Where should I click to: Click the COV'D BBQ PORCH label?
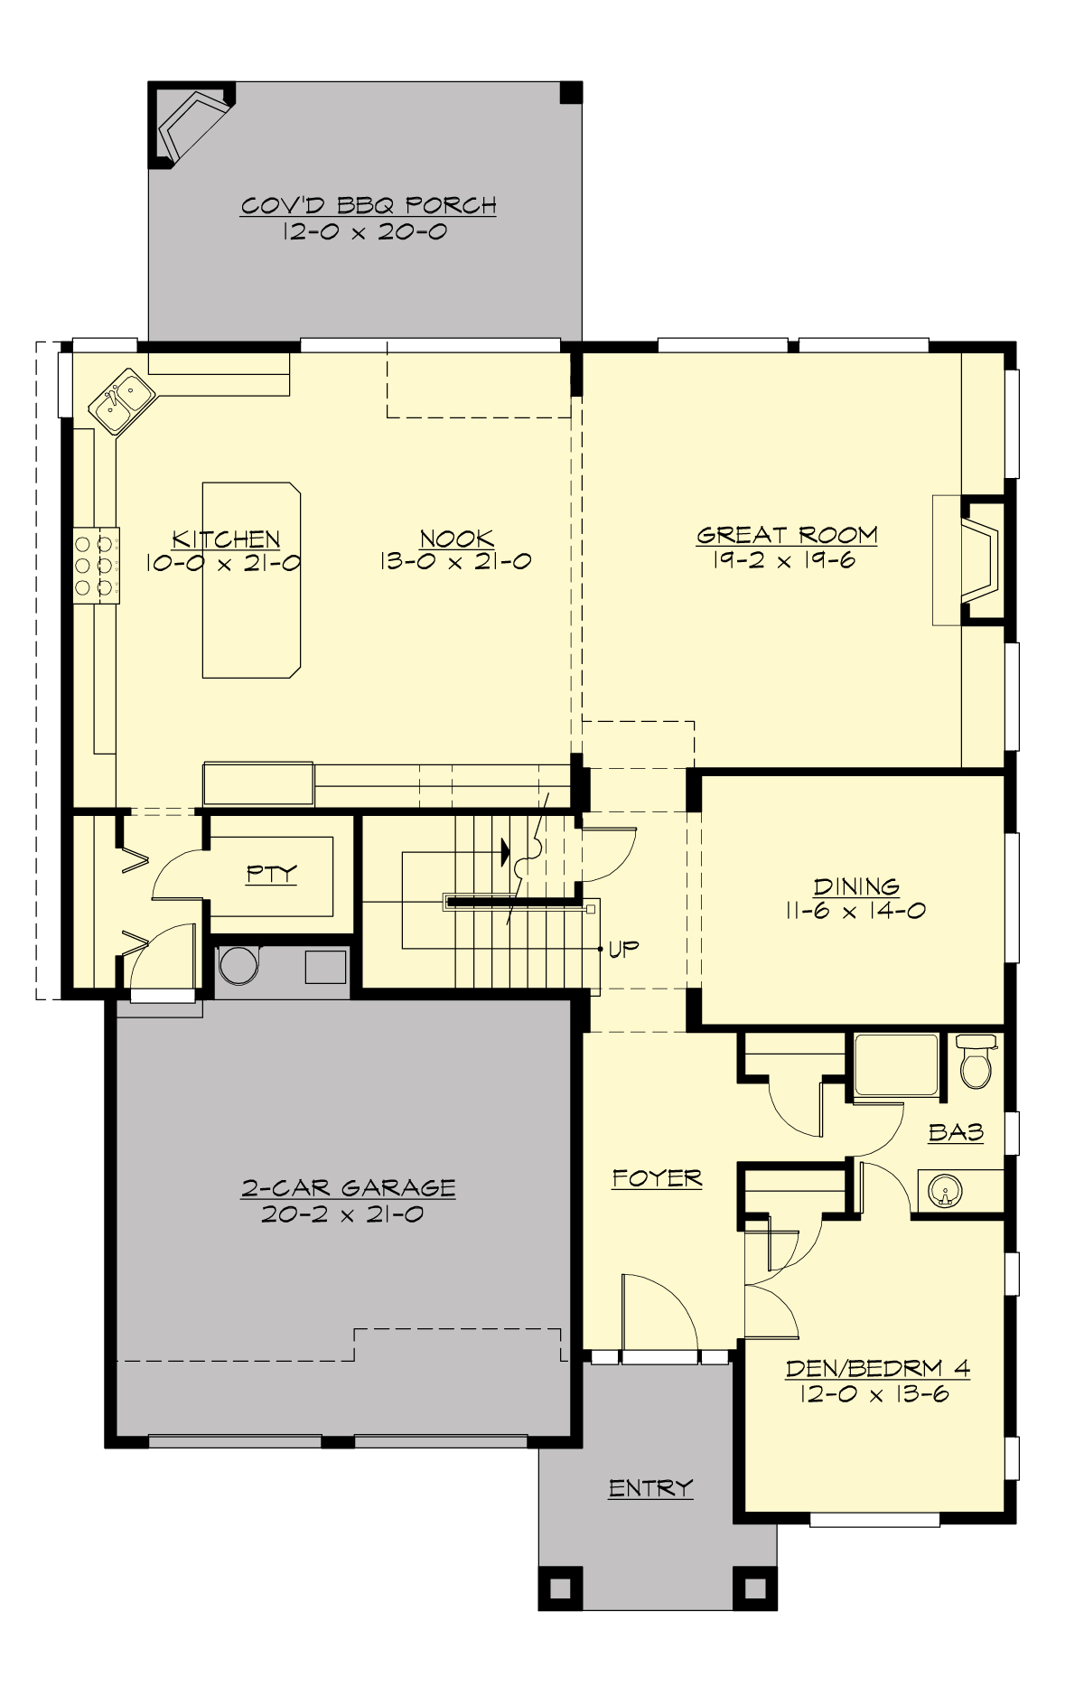[368, 206]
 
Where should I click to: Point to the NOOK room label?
[456, 539]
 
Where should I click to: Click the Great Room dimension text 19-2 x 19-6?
[783, 560]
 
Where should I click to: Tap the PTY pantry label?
[271, 874]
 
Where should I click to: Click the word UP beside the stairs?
[623, 949]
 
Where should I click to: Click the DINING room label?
[855, 886]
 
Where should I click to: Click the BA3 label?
[956, 1132]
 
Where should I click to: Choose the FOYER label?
[657, 1178]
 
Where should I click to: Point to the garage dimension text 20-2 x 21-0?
[342, 1214]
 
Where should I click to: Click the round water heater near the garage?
[238, 965]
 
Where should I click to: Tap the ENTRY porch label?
[650, 1487]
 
